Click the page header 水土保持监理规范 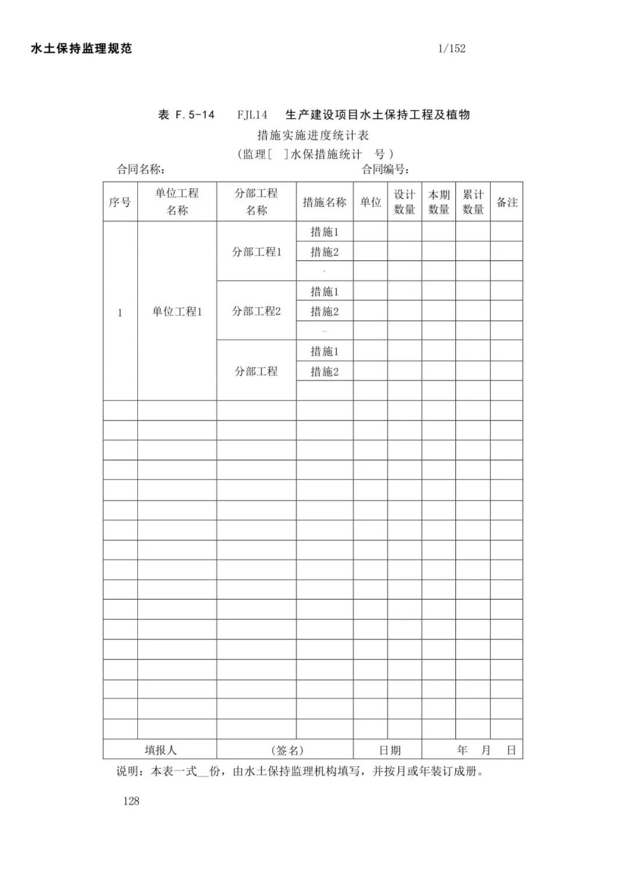click(x=81, y=49)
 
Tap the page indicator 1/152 click(x=452, y=49)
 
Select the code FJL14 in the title click(x=252, y=115)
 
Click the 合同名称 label click(x=140, y=169)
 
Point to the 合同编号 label click(x=384, y=169)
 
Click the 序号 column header click(x=120, y=202)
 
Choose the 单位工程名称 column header click(x=177, y=202)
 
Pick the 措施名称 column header click(x=324, y=202)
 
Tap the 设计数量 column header click(x=404, y=202)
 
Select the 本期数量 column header click(x=438, y=202)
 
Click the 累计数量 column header click(x=473, y=202)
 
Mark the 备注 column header click(x=506, y=202)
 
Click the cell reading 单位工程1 click(x=177, y=312)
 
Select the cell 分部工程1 click(x=256, y=252)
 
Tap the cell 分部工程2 click(x=256, y=311)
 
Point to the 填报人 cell click(x=160, y=750)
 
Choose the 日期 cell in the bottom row click(x=390, y=750)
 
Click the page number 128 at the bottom click(x=131, y=801)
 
